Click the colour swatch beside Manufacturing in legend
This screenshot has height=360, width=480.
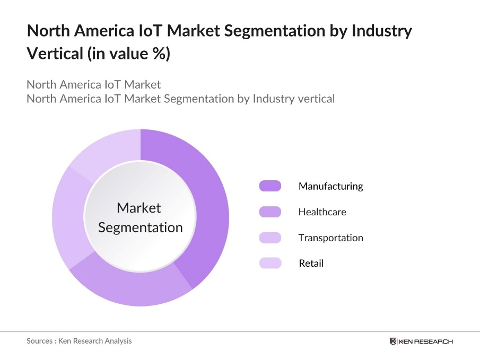tap(270, 186)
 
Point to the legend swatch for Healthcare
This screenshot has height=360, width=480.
tap(270, 212)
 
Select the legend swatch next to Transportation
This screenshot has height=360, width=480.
tap(270, 238)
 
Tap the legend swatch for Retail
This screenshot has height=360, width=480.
tap(270, 263)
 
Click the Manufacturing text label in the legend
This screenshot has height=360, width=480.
tap(330, 186)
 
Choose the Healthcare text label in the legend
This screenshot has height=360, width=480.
tap(322, 212)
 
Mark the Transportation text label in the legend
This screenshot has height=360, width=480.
tap(330, 238)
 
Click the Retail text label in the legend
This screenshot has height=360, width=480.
tap(311, 263)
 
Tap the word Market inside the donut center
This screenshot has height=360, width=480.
tap(138, 208)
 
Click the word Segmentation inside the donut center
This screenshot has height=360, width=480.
tap(141, 227)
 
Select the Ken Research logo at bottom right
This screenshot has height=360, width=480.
tap(421, 341)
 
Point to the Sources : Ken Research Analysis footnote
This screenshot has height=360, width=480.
tap(79, 341)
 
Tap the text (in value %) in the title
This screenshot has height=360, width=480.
tap(128, 54)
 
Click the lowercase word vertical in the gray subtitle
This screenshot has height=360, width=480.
tap(316, 99)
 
